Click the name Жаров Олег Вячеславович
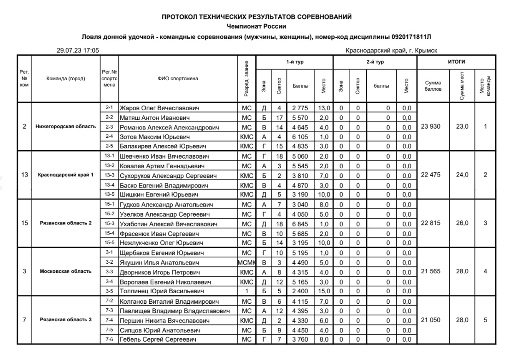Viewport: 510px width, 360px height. [x=159, y=108]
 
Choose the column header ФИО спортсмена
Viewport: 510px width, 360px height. [x=177, y=79]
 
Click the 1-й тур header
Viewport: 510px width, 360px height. [x=294, y=61]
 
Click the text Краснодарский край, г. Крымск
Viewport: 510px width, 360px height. [x=391, y=50]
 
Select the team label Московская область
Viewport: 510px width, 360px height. [x=65, y=271]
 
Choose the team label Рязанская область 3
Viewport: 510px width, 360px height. [x=65, y=319]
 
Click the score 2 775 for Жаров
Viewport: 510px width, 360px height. [x=300, y=108]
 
